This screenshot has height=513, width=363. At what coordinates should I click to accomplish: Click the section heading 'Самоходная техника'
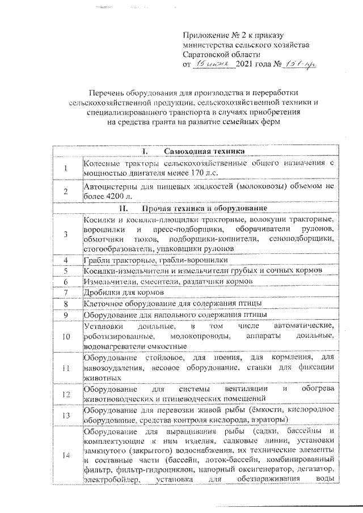(x=205, y=151)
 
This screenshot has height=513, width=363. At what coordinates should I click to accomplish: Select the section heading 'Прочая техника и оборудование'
(x=205, y=208)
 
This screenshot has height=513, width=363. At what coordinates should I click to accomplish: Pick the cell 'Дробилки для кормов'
(x=124, y=293)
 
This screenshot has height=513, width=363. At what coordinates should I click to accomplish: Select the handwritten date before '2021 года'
(x=213, y=66)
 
